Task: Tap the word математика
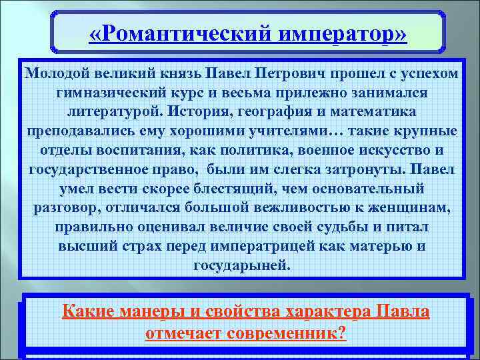click(371, 111)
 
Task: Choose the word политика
click(229, 149)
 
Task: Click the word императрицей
click(279, 246)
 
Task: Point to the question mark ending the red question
click(343, 333)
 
